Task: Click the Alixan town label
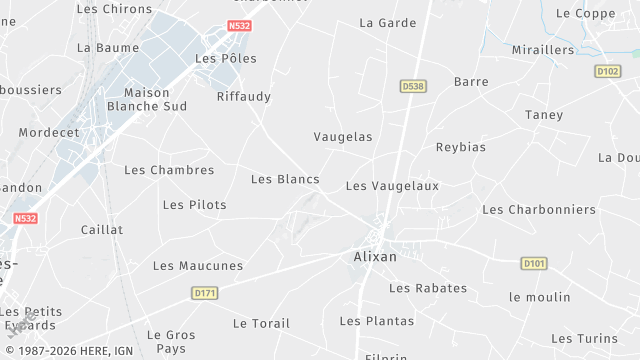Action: pos(375,257)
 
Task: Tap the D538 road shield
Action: pos(413,87)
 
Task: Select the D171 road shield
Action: pos(205,293)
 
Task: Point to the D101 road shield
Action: pos(534,263)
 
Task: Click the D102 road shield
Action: pos(607,71)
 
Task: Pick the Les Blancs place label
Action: pos(285,179)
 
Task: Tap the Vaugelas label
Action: pos(342,137)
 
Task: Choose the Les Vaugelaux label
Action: pos(392,186)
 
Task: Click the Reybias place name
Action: pos(460,147)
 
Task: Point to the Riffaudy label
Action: pos(244,97)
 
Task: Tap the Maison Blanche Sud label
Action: pos(147,99)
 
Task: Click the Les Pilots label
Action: pos(194,205)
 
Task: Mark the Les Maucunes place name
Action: pos(197,266)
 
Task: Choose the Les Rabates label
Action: pos(427,288)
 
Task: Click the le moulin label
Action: pos(539,297)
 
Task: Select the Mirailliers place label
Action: pos(543,50)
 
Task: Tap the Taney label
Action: pos(544,115)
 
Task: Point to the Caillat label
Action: pos(102,230)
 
